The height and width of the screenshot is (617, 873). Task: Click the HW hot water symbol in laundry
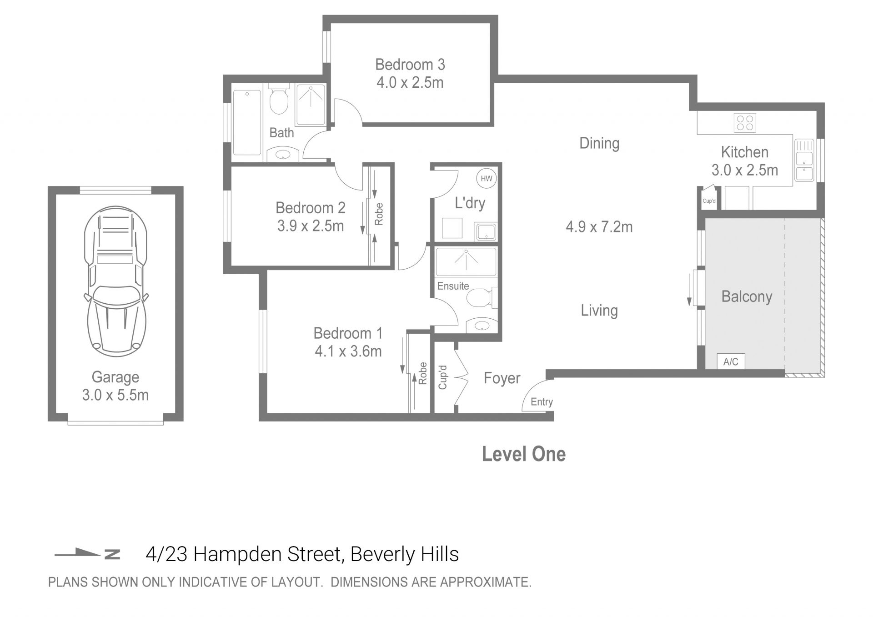(x=486, y=178)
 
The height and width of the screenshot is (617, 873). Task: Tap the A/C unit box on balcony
(x=731, y=361)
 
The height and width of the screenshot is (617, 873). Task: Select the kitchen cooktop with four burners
(x=744, y=123)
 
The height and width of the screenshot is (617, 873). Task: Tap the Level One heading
(x=523, y=454)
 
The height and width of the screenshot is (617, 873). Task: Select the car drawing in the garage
(x=115, y=281)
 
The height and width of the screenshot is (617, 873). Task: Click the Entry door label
(x=542, y=402)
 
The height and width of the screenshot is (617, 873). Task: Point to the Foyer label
(x=502, y=378)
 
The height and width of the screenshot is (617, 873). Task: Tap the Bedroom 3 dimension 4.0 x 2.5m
(x=410, y=83)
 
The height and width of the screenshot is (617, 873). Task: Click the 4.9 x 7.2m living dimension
(x=599, y=227)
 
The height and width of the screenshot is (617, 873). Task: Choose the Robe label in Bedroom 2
(x=379, y=214)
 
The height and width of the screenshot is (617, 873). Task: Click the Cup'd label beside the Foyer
(x=442, y=377)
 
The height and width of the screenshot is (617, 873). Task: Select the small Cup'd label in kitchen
(x=709, y=201)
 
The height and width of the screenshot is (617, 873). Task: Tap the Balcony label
(x=747, y=296)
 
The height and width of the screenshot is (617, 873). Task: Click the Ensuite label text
(x=453, y=286)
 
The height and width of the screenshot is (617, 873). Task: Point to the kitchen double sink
(x=804, y=160)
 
